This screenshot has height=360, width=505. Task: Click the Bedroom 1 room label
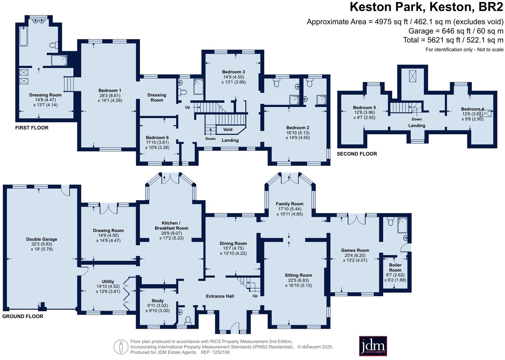pyautogui.click(x=110, y=90)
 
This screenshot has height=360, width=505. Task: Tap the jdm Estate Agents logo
pyautogui.click(x=373, y=346)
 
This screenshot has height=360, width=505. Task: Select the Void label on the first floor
pyautogui.click(x=228, y=129)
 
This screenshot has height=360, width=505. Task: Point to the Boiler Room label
pyautogui.click(x=395, y=268)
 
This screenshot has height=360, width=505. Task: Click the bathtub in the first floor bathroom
pyautogui.click(x=23, y=37)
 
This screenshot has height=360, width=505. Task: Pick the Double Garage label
pyautogui.click(x=42, y=239)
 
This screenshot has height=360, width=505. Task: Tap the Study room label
pyautogui.click(x=157, y=301)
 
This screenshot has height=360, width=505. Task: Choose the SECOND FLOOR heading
pyautogui.click(x=357, y=154)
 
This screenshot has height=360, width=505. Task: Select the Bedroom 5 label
pyautogui.click(x=364, y=108)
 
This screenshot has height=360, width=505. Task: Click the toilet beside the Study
pyautogui.click(x=188, y=320)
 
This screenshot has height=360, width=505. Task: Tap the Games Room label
pyautogui.click(x=355, y=250)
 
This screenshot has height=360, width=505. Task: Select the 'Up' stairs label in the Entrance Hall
pyautogui.click(x=255, y=296)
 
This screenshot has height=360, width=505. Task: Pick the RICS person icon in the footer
pyautogui.click(x=121, y=347)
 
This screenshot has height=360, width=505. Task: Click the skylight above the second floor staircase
pyautogui.click(x=412, y=76)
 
